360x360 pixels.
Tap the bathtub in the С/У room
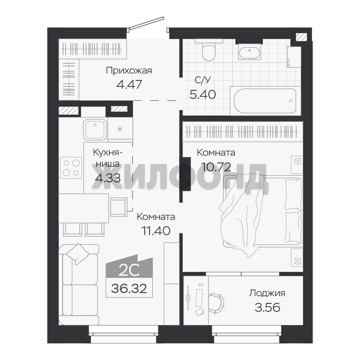(x=265, y=101)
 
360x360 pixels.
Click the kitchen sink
(x=95, y=129)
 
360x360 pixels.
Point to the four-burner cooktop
(x=71, y=168)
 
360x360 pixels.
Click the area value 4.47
(x=129, y=85)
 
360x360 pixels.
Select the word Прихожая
(x=129, y=70)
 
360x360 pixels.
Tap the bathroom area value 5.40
(x=203, y=94)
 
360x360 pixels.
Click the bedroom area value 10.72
(x=216, y=167)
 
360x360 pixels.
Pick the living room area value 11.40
(x=156, y=231)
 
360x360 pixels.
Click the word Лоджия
(x=267, y=293)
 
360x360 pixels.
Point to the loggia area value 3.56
(x=267, y=308)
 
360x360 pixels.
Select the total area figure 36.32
(x=129, y=288)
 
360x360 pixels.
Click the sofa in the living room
(x=78, y=285)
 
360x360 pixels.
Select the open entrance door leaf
(x=147, y=23)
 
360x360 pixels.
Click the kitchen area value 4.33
(x=108, y=178)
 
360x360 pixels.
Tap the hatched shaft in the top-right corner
(x=301, y=37)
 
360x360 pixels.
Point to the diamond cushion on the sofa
(x=78, y=254)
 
